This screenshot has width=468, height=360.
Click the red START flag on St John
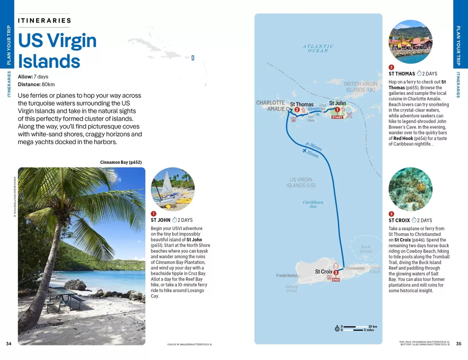(x=337, y=117)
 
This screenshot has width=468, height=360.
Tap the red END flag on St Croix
(x=336, y=279)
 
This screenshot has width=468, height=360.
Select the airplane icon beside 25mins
(x=305, y=151)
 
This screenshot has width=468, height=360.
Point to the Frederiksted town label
(x=287, y=276)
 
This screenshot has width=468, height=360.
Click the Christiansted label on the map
(x=355, y=268)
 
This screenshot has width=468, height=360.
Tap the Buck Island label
(x=365, y=249)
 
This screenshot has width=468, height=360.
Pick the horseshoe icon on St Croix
(x=336, y=266)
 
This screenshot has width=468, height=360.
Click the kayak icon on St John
(x=349, y=115)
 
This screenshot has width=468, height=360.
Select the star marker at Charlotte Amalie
(x=287, y=109)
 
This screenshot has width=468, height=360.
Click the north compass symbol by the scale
(x=337, y=328)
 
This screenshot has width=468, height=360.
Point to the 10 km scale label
(x=373, y=327)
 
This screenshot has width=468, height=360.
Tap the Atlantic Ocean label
(x=318, y=49)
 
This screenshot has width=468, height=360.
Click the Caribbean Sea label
(x=313, y=204)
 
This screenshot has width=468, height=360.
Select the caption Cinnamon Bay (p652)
(x=121, y=162)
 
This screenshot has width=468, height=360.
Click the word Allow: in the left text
(x=25, y=77)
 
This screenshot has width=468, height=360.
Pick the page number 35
(x=458, y=344)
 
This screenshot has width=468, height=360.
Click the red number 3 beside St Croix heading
(x=391, y=214)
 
